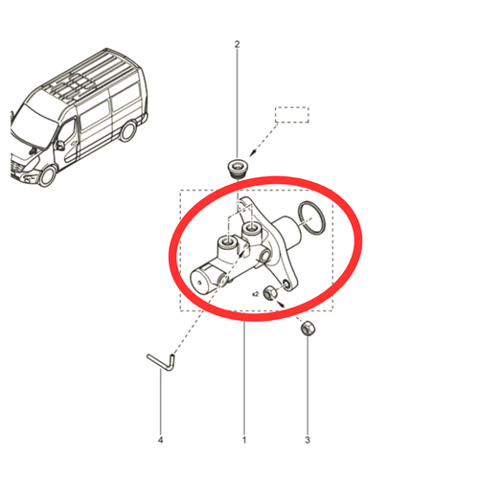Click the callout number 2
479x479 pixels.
(237, 44)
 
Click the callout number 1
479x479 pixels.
(244, 440)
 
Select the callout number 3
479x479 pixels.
(308, 440)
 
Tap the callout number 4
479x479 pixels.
(160, 440)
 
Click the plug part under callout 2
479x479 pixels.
(238, 169)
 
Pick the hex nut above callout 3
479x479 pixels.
(308, 328)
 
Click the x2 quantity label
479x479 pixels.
(255, 294)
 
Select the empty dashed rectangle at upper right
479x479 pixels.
(292, 115)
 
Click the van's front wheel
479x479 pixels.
(47, 176)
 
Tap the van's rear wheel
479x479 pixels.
(127, 131)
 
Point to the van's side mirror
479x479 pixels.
(59, 146)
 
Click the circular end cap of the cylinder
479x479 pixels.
(199, 283)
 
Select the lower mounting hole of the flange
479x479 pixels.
(287, 285)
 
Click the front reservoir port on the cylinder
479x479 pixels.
(227, 243)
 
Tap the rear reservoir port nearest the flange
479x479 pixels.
(251, 229)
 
